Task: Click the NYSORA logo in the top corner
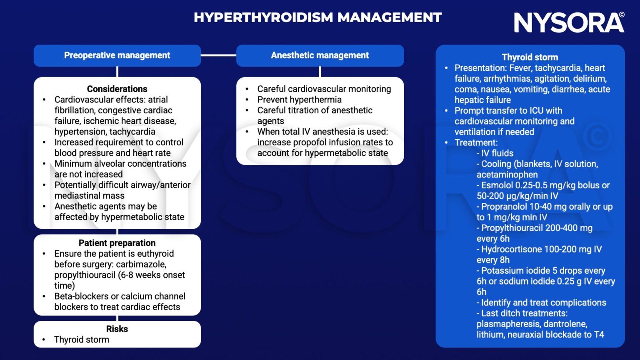[569, 22]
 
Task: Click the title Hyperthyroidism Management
[317, 17]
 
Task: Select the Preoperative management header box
[117, 55]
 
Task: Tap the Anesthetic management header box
[320, 55]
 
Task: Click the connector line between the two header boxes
[218, 55]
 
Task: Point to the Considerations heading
[117, 89]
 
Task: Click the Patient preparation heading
[117, 243]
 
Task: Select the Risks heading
[117, 329]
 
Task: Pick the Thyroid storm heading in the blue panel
[530, 57]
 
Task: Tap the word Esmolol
[497, 185]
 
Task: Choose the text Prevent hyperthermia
[299, 100]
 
